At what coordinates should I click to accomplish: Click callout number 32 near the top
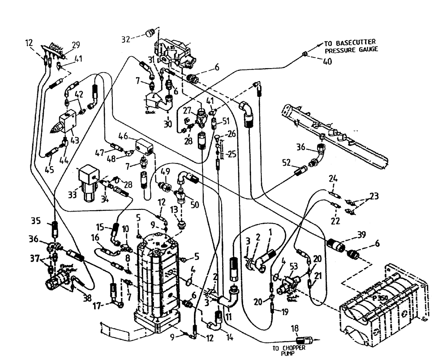point(126,39)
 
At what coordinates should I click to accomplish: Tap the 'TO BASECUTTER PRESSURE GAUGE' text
point(351,46)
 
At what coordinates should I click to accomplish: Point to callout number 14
point(230,338)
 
